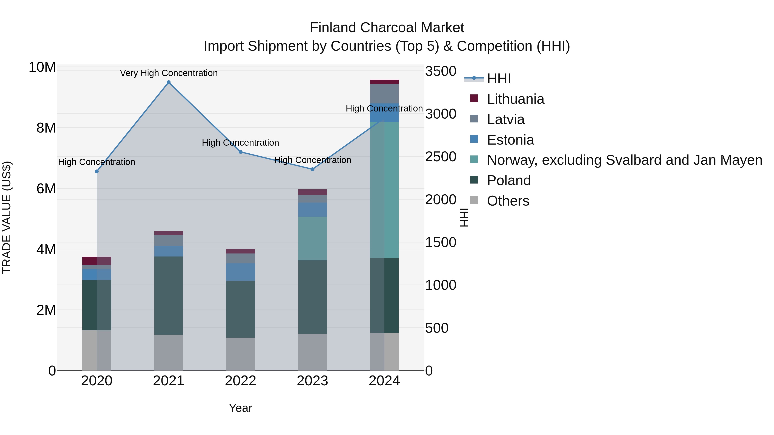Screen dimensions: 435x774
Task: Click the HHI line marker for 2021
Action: pyautogui.click(x=169, y=82)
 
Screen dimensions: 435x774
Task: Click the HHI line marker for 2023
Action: pyautogui.click(x=312, y=169)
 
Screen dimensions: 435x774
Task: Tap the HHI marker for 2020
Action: pyautogui.click(x=97, y=171)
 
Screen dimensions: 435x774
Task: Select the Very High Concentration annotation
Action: pyautogui.click(x=169, y=73)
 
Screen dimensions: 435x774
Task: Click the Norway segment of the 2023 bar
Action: pyautogui.click(x=312, y=238)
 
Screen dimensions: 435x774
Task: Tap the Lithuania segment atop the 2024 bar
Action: pyautogui.click(x=384, y=82)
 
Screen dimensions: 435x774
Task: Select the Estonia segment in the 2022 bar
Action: pyautogui.click(x=240, y=272)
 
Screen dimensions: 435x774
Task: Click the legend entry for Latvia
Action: pyautogui.click(x=505, y=119)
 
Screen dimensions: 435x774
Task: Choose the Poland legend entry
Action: pyautogui.click(x=508, y=180)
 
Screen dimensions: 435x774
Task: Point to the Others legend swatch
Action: pyautogui.click(x=474, y=200)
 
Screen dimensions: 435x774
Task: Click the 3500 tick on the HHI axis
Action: pyautogui.click(x=441, y=72)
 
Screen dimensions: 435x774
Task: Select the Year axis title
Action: pyautogui.click(x=240, y=408)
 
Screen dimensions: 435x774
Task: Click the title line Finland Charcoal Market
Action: pyautogui.click(x=387, y=28)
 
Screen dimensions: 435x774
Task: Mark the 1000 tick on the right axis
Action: pyautogui.click(x=441, y=285)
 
